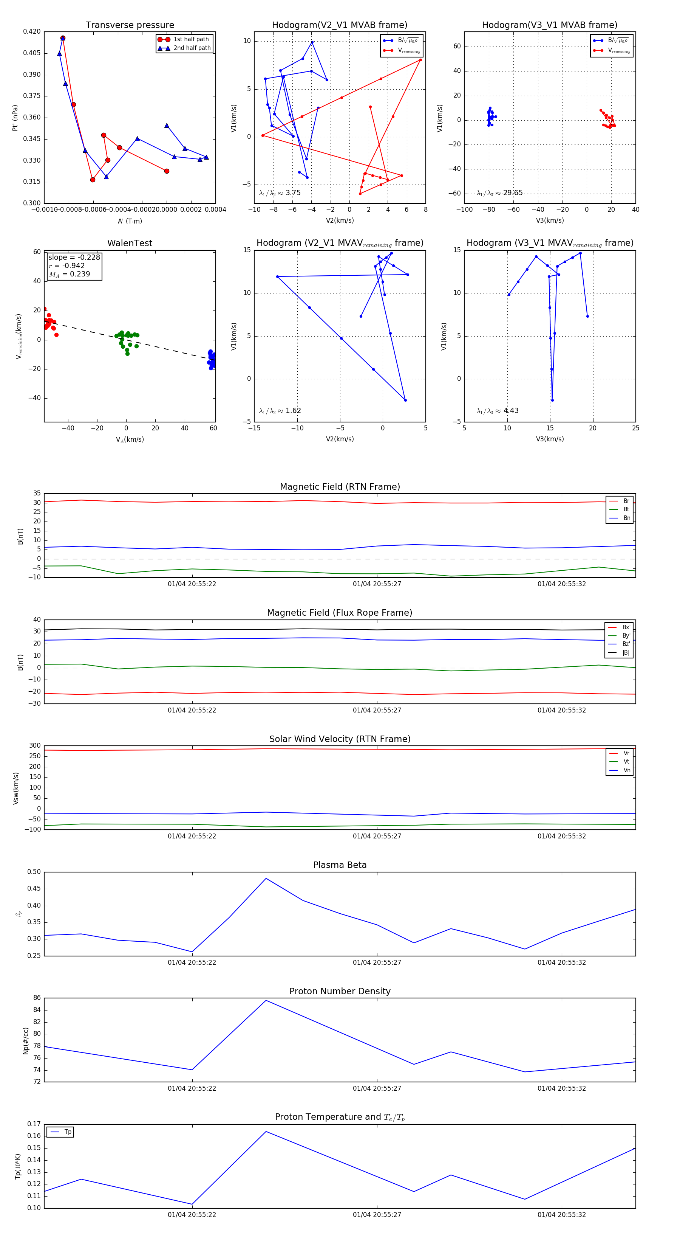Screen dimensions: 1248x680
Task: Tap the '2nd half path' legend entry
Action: tap(192, 48)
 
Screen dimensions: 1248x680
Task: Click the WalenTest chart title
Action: tap(130, 243)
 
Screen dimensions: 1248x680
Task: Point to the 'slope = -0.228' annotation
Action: tap(74, 257)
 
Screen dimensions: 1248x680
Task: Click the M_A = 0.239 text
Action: tap(69, 274)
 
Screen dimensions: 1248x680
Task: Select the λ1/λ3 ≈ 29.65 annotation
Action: tap(499, 193)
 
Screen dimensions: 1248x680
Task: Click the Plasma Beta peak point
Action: tap(266, 879)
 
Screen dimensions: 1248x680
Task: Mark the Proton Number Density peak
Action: tap(266, 1000)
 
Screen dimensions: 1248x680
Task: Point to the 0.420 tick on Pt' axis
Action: tap(32, 31)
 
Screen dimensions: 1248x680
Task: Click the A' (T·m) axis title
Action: tap(130, 221)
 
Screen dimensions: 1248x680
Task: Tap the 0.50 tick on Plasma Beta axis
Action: tap(34, 872)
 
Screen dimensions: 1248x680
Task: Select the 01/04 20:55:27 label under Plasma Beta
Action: tap(377, 962)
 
